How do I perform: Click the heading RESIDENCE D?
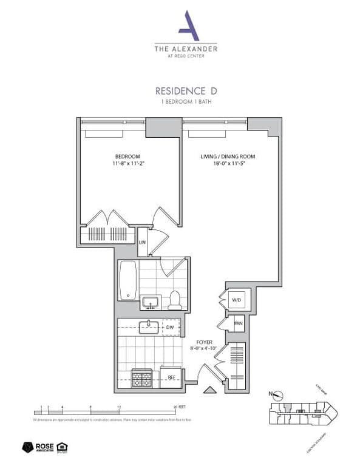[186, 91]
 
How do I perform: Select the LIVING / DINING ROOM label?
[228, 157]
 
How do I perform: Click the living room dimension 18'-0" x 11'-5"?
[228, 163]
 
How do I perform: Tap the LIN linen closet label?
[143, 242]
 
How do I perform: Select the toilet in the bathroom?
[175, 299]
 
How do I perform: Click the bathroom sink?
[150, 302]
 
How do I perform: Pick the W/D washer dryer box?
[236, 299]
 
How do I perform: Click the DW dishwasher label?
[171, 328]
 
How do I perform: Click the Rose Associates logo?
[36, 448]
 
